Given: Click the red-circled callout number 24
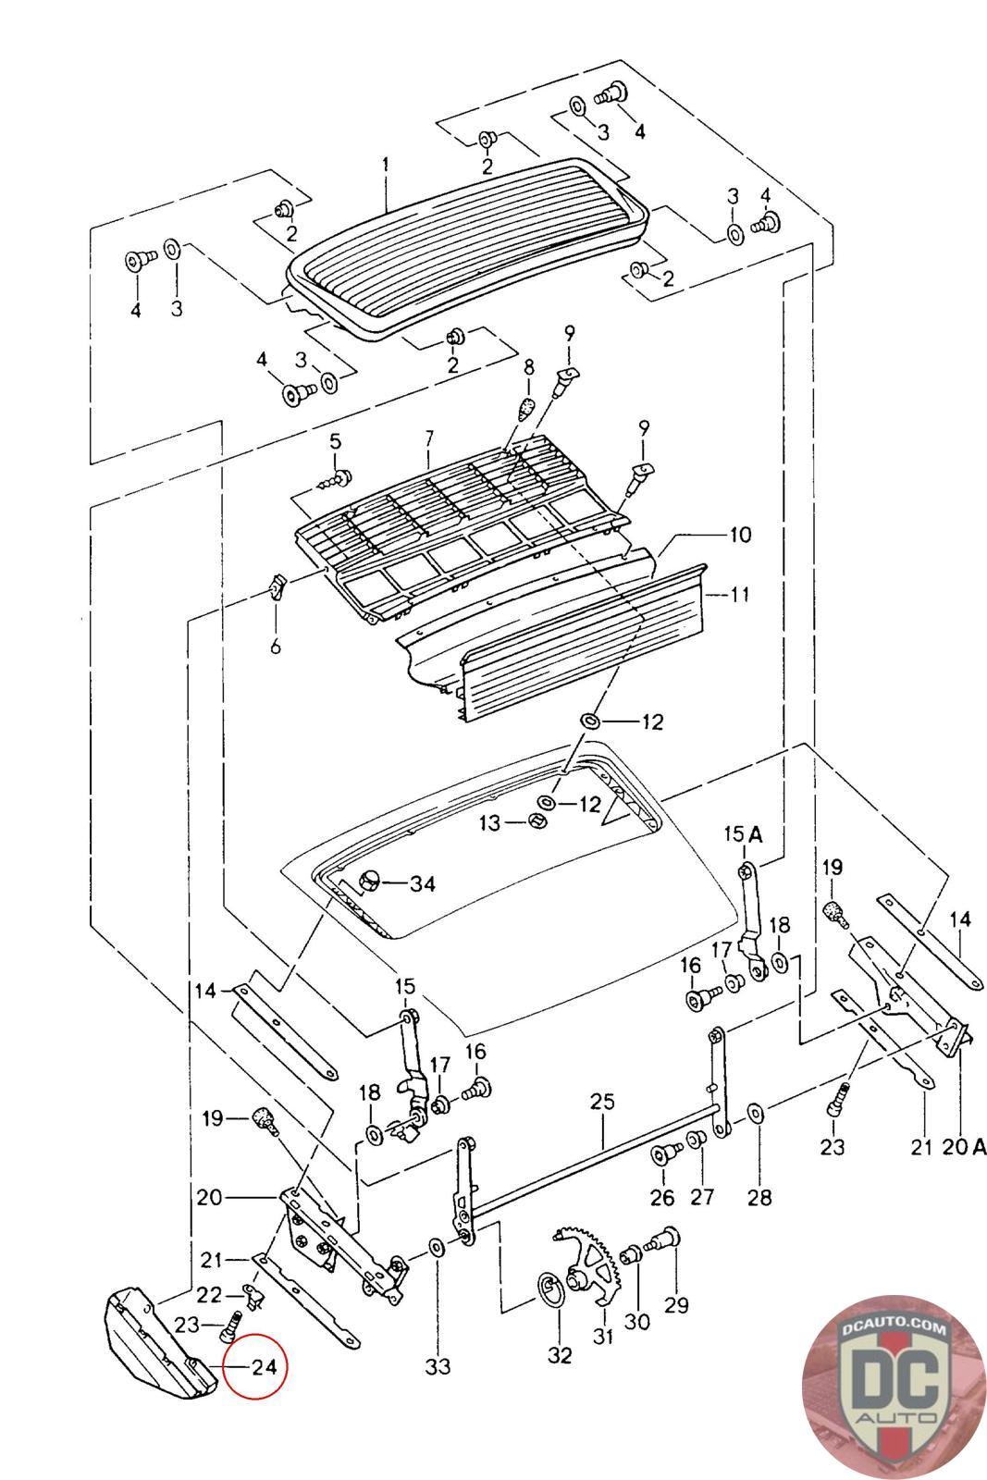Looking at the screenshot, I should pyautogui.click(x=265, y=1365).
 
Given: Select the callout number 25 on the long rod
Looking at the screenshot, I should pyautogui.click(x=601, y=1103).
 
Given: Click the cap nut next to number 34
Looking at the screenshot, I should pyautogui.click(x=367, y=882).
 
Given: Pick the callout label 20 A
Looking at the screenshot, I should pyautogui.click(x=966, y=1147).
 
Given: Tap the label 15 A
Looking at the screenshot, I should pyautogui.click(x=743, y=834).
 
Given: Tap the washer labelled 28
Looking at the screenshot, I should pyautogui.click(x=755, y=1110).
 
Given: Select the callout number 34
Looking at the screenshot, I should pyautogui.click(x=422, y=883).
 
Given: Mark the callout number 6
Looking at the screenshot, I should pyautogui.click(x=275, y=647).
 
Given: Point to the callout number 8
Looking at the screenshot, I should pyautogui.click(x=528, y=367).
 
